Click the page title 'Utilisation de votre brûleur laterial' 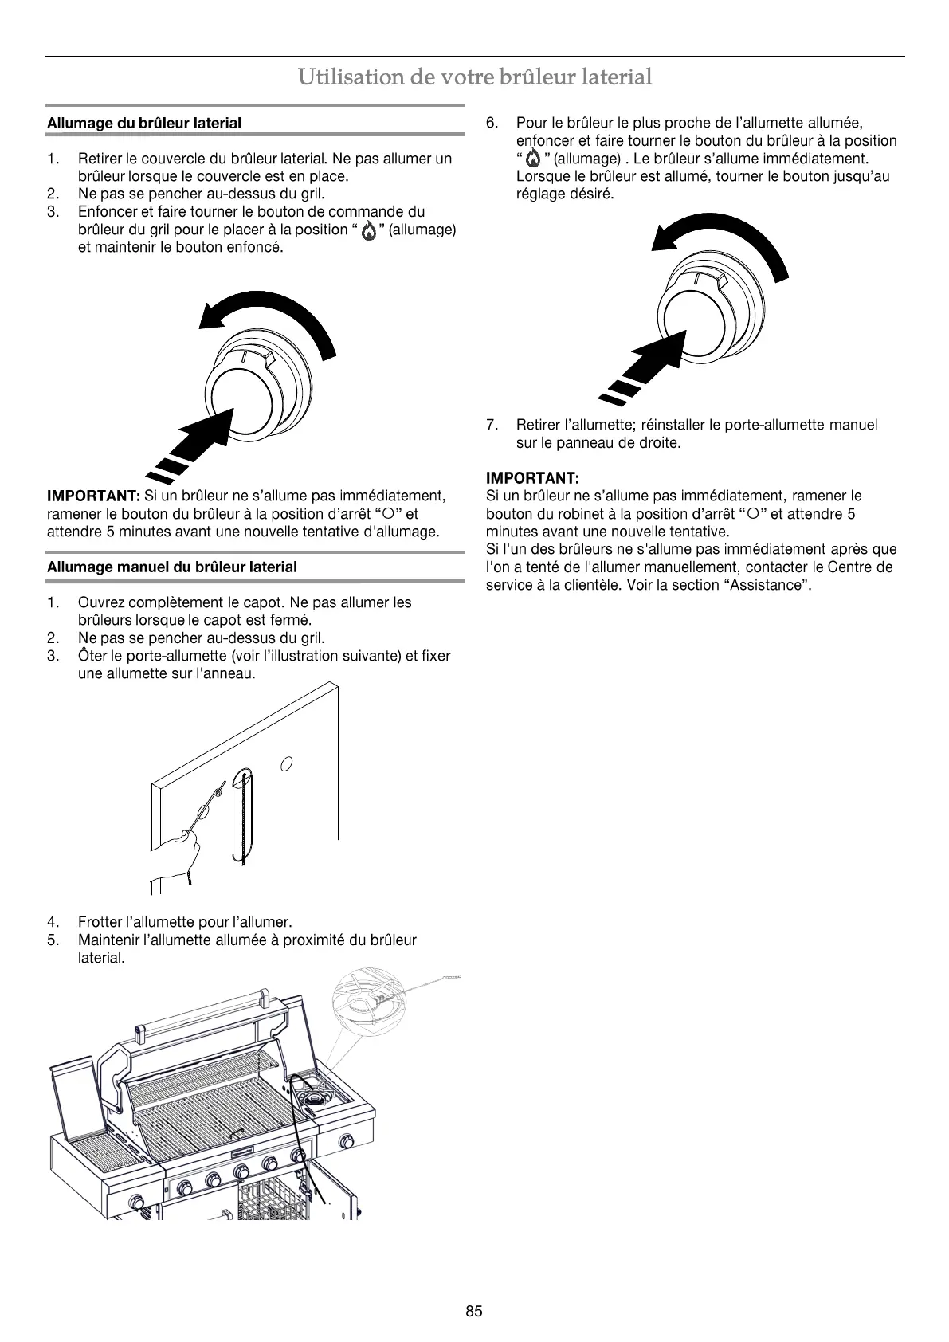tap(475, 77)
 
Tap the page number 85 tap(474, 1312)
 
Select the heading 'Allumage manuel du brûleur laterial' tap(172, 567)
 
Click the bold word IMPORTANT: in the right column tap(532, 478)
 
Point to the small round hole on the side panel tap(288, 763)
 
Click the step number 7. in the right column tap(492, 425)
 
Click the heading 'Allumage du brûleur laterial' tap(144, 124)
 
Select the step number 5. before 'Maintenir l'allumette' tap(53, 940)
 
